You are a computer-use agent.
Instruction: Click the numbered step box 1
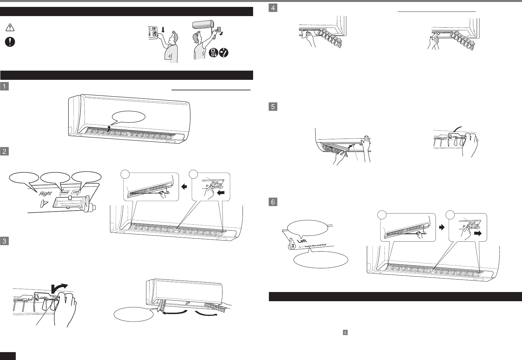click(4, 86)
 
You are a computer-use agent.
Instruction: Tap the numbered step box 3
click(4, 241)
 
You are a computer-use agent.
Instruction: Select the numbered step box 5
click(273, 106)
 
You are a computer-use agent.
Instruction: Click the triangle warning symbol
click(10, 28)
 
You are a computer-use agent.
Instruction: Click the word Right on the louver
click(45, 193)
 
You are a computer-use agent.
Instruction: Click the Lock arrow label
click(76, 192)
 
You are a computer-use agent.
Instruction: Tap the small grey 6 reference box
click(345, 332)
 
